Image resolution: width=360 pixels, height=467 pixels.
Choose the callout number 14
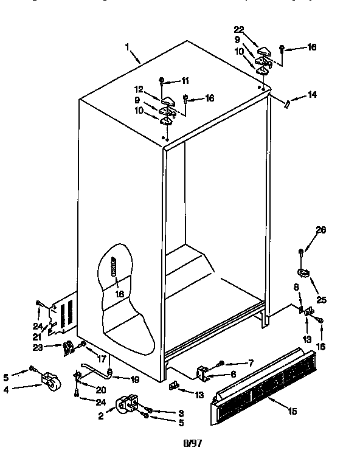[x=312, y=94]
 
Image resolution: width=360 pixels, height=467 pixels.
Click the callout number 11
[x=185, y=80]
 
